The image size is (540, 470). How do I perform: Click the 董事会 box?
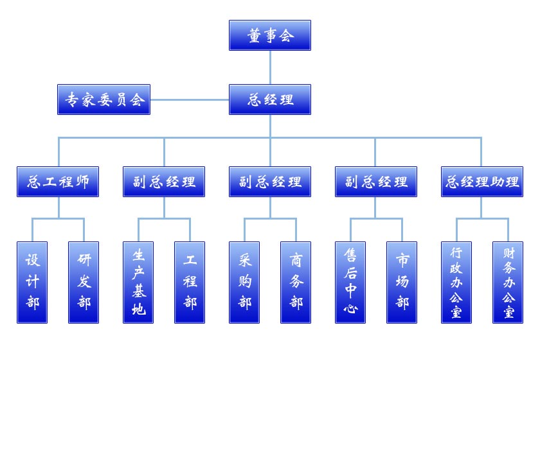(x=270, y=35)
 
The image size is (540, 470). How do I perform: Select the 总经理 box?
(x=270, y=100)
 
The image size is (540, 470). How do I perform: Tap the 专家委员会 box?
(x=104, y=100)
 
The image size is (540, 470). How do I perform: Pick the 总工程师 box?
(x=58, y=182)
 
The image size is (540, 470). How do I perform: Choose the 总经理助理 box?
(x=482, y=182)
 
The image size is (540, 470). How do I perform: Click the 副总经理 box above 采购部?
(x=270, y=182)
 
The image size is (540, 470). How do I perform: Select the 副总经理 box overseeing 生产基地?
(x=164, y=182)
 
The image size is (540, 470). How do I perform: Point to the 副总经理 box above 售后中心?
(x=376, y=182)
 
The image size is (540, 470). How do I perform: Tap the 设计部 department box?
(x=32, y=283)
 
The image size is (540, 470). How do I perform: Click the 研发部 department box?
(x=84, y=283)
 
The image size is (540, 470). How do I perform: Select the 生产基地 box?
(x=138, y=283)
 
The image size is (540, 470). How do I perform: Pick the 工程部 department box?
(x=190, y=283)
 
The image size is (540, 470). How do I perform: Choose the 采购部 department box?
(x=244, y=283)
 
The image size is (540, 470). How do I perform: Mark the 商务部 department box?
(x=296, y=283)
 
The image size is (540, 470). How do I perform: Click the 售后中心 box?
(x=350, y=283)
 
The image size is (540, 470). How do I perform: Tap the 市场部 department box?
(x=402, y=283)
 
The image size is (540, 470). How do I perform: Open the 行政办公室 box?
(x=456, y=283)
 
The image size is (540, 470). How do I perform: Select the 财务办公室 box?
(x=508, y=283)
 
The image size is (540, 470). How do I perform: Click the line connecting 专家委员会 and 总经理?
(x=190, y=100)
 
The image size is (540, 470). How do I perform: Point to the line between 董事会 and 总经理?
(x=270, y=67)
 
